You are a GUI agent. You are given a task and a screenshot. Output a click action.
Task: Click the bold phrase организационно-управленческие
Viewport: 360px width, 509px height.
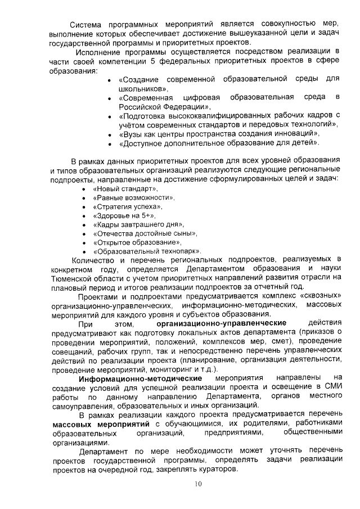tap(222, 323)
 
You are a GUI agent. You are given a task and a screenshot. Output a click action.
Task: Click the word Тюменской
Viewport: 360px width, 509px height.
tap(71, 278)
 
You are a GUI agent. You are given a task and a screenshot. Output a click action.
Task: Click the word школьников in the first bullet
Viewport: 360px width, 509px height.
tap(143, 89)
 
